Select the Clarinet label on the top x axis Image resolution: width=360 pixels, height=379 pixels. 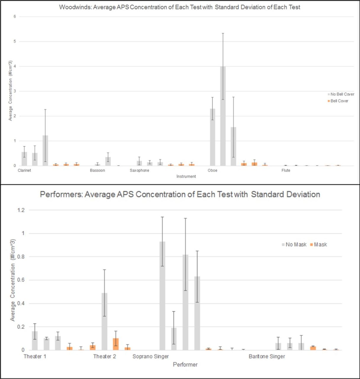[x=24, y=170]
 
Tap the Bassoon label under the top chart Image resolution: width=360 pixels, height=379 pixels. [x=97, y=170]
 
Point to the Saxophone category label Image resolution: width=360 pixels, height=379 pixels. [x=139, y=170]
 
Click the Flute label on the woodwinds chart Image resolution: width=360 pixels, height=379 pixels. [x=286, y=170]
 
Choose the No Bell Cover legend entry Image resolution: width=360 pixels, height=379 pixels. [x=342, y=94]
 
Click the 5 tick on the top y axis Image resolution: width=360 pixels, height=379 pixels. [x=15, y=41]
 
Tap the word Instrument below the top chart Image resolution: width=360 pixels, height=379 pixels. [x=186, y=176]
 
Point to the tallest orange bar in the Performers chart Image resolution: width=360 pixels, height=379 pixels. [x=116, y=344]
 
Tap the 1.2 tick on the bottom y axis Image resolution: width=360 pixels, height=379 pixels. [x=21, y=210]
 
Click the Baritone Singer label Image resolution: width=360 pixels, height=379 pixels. [x=267, y=356]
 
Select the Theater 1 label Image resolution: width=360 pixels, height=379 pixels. [x=35, y=356]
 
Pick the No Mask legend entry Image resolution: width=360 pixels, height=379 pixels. [x=296, y=245]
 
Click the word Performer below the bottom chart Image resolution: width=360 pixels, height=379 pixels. [x=185, y=364]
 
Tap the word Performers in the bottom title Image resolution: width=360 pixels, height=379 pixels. [x=61, y=195]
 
